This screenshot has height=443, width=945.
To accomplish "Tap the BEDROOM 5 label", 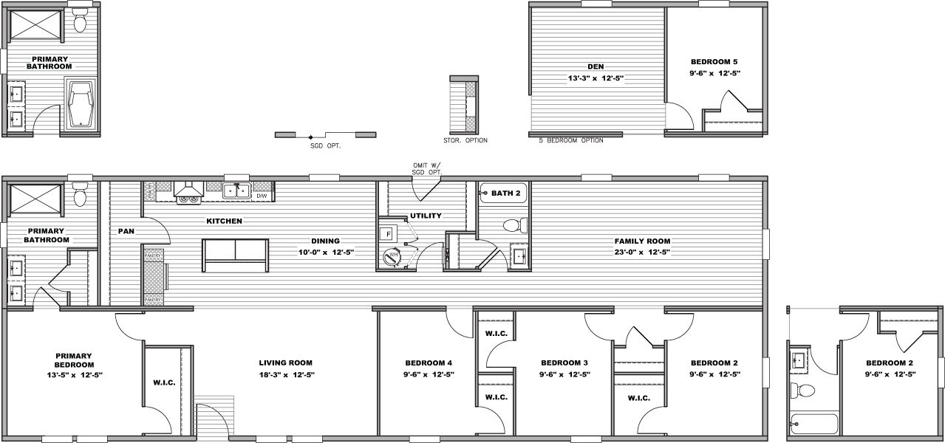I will click(x=714, y=62).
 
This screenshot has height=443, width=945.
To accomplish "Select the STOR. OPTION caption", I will click(x=465, y=140).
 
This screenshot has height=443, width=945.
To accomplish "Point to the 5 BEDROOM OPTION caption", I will click(x=571, y=140).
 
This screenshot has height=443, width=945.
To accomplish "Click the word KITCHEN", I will click(x=224, y=221).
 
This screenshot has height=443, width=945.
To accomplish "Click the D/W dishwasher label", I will click(x=262, y=196).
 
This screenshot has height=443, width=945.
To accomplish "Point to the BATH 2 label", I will click(x=506, y=193).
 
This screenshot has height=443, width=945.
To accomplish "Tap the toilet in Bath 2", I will click(x=513, y=225).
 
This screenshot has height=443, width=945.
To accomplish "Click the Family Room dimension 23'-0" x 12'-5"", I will click(x=643, y=253).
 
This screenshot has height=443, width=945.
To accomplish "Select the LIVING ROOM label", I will click(x=285, y=363).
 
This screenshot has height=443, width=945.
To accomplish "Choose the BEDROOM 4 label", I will click(x=429, y=363).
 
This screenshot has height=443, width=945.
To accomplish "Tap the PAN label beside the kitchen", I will click(x=126, y=231).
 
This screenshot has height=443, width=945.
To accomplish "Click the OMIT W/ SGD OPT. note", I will click(x=427, y=169).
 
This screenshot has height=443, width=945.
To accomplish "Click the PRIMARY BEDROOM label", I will click(x=74, y=360).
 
